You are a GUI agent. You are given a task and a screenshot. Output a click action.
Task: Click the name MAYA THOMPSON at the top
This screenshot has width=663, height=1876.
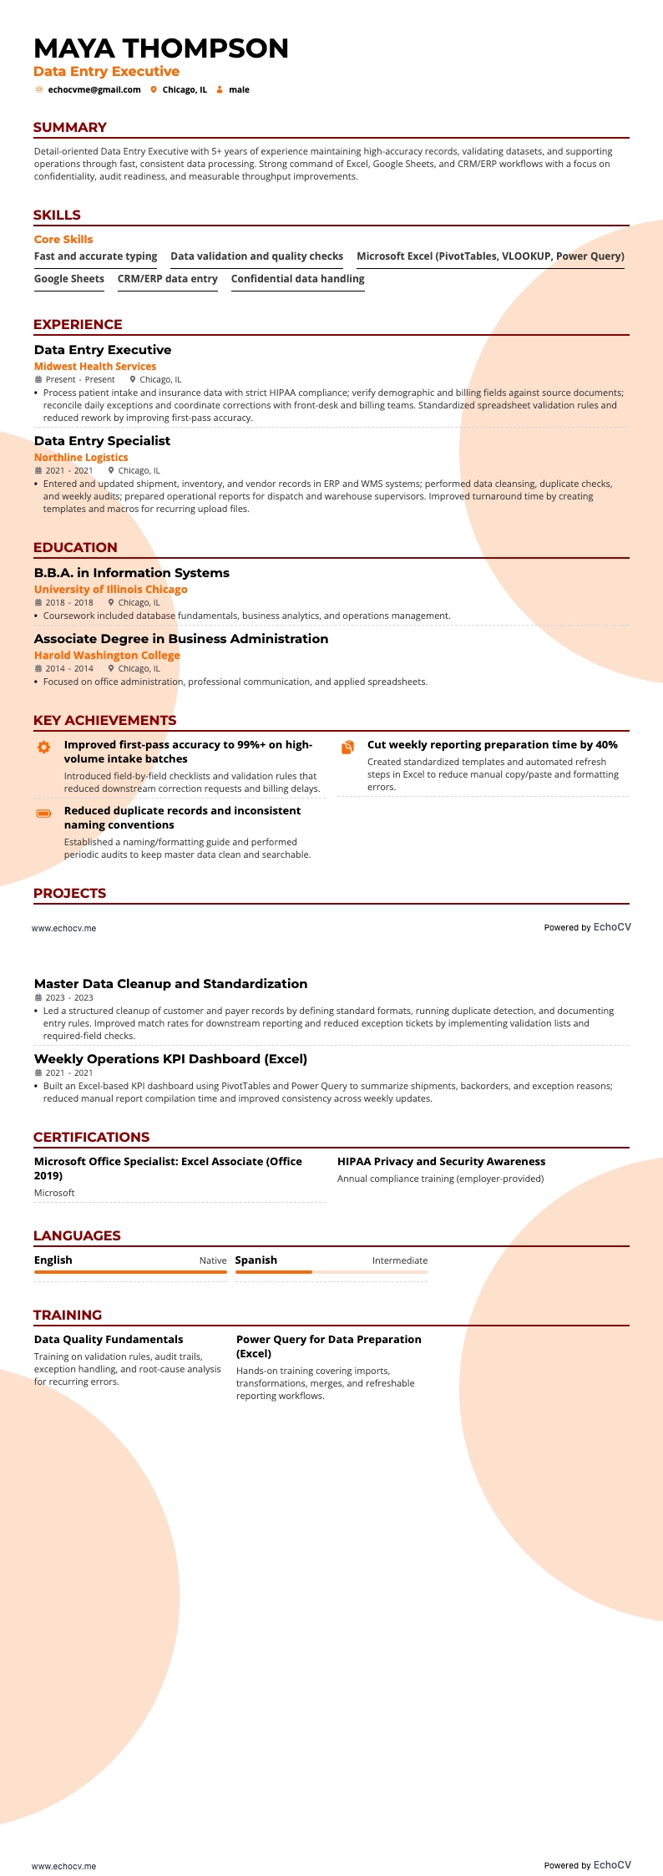point(161,48)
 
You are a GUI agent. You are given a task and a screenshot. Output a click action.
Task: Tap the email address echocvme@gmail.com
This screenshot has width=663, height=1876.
point(94,89)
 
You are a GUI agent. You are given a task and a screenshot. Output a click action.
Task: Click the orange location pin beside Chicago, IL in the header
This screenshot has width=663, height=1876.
point(154,89)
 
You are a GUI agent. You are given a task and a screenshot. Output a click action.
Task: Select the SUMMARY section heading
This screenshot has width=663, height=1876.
point(70,127)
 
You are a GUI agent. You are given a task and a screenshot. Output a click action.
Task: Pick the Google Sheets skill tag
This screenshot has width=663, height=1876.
point(69,279)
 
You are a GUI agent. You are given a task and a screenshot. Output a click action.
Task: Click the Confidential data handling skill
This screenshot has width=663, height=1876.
point(297,279)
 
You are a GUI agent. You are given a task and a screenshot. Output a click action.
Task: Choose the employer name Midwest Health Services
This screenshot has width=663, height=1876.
point(95,366)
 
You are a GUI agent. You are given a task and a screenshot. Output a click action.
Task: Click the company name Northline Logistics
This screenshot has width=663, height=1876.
point(81,457)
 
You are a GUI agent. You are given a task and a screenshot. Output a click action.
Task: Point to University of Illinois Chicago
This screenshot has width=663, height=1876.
point(110,589)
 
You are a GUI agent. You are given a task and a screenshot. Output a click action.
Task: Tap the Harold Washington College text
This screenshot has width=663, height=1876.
point(107,655)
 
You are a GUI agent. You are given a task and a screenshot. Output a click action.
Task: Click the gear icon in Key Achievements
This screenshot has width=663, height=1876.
point(44,747)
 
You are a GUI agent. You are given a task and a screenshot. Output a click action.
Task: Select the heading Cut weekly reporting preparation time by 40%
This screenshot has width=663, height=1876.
point(492,744)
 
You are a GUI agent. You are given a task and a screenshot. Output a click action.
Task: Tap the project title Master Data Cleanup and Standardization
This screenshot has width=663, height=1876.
point(170,983)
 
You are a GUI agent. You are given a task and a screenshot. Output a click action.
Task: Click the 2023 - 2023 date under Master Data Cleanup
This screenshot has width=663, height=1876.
point(68,997)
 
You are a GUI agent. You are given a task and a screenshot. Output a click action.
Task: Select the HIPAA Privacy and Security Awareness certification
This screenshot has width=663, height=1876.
point(441,1161)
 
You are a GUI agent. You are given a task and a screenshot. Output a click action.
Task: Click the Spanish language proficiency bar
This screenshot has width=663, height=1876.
point(331,1272)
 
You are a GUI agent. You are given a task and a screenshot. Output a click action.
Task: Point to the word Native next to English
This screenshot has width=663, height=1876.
point(212,1260)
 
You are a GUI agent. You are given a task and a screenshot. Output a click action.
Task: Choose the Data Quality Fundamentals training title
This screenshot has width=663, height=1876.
point(109,1339)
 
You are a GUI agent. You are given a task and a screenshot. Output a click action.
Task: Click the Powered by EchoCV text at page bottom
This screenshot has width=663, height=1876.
point(587,1864)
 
